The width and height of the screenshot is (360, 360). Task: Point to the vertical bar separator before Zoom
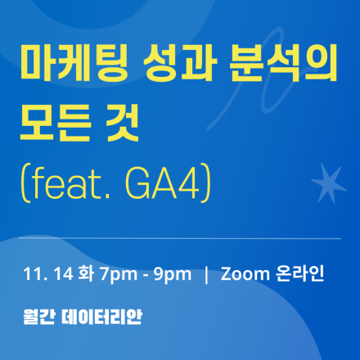pyautogui.click(x=206, y=273)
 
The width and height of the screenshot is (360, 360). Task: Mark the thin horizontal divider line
pyautogui.click(x=180, y=238)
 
